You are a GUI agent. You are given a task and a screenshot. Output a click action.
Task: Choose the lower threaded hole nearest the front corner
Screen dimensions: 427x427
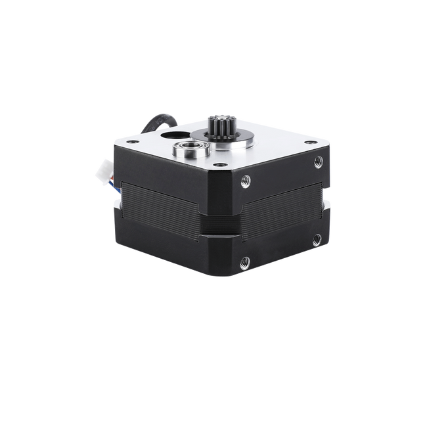pyautogui.click(x=246, y=261)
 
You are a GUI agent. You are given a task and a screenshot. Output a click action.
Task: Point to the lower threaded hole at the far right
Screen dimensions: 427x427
pyautogui.click(x=317, y=238)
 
